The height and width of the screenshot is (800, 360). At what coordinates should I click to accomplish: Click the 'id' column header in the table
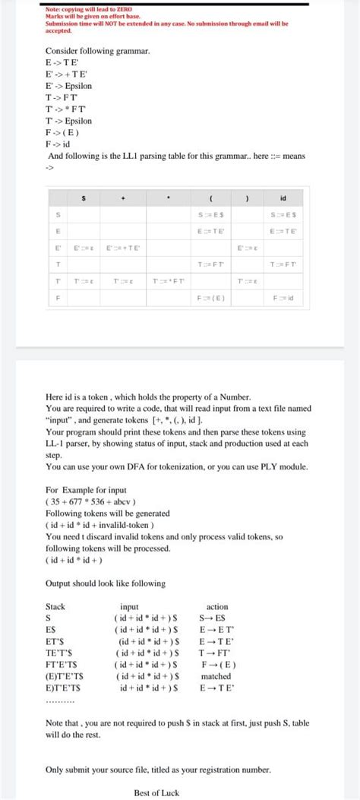(x=283, y=198)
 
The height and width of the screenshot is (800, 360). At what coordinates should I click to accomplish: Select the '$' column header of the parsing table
(x=84, y=198)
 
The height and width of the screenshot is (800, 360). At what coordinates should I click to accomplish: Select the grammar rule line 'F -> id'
(x=58, y=143)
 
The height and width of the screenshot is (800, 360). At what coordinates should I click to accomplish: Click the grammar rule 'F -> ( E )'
(x=63, y=132)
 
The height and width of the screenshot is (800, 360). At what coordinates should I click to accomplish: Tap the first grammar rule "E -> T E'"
(x=63, y=61)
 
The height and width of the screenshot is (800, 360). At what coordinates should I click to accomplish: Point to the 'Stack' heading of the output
(x=55, y=607)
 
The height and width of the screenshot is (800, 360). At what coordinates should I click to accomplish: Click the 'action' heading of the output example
(x=217, y=607)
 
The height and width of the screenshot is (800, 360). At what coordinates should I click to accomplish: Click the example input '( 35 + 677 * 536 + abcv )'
(x=90, y=502)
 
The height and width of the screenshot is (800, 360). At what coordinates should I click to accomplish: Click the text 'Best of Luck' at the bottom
(x=156, y=792)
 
